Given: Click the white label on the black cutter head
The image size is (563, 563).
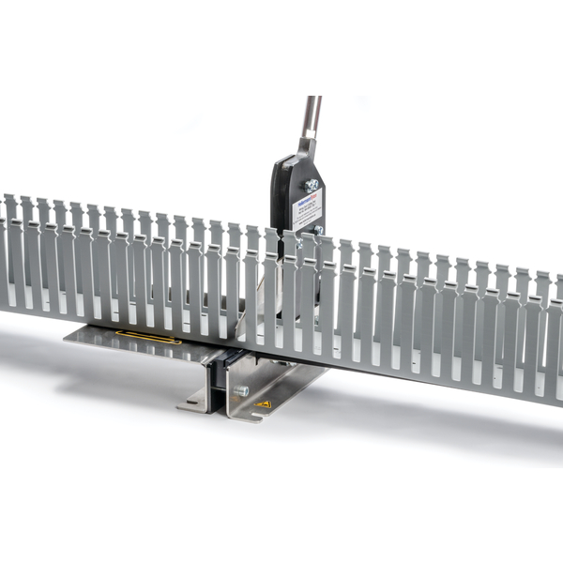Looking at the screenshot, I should (307, 209).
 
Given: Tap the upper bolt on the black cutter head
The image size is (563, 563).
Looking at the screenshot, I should (312, 185).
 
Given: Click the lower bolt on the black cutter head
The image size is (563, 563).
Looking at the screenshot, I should (319, 229).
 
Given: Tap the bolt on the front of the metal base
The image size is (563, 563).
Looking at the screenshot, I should (240, 389).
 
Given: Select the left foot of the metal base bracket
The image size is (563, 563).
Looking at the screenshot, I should (192, 403).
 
